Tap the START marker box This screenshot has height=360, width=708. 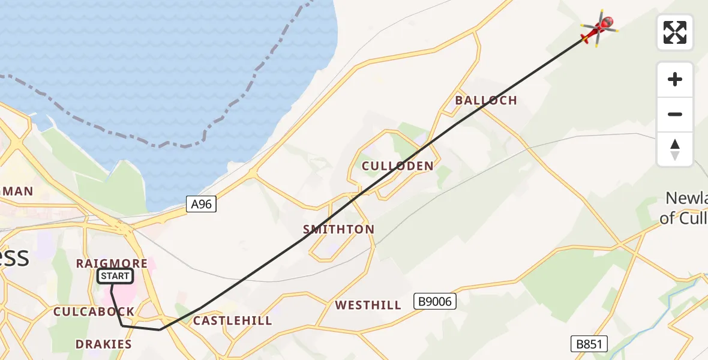[x=115, y=276]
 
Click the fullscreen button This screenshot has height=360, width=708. [x=675, y=32]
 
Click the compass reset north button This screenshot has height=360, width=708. [x=675, y=149]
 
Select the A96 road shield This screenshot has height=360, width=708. [x=201, y=205]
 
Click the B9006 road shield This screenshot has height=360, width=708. [x=435, y=301]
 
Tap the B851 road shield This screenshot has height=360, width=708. [x=589, y=344]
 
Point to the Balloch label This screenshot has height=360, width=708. [x=486, y=100]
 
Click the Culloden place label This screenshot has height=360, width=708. [x=397, y=166]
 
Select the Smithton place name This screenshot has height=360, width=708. [x=338, y=229]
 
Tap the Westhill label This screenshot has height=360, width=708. [x=368, y=305]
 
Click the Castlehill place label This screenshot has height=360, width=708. [x=232, y=321]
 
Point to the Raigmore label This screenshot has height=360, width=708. [x=112, y=263]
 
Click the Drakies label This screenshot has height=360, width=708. [x=103, y=344]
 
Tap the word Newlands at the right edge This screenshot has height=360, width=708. [x=688, y=199]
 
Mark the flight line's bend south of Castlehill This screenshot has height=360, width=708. [x=160, y=329]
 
